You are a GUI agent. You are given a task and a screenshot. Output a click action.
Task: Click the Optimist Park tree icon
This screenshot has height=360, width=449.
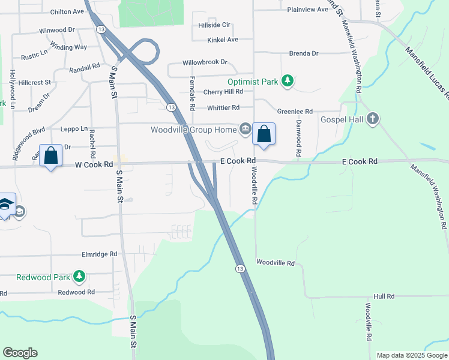coord(288,82)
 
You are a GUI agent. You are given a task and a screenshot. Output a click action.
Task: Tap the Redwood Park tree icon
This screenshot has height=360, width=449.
coord(79,276)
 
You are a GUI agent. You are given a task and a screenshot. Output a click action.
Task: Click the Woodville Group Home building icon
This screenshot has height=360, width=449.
coord(246,129)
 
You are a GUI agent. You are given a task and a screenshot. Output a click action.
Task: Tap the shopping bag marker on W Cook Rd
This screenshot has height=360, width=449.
coord(50,155)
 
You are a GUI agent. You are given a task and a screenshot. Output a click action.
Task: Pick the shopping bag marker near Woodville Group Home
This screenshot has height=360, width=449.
coord(264,134)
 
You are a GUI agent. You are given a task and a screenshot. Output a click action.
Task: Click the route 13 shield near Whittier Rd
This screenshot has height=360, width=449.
coord(171,107)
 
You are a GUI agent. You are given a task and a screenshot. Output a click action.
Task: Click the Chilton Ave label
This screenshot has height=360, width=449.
coord(67,11)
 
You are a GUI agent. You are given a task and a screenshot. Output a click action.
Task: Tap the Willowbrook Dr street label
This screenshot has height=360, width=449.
coord(205,62)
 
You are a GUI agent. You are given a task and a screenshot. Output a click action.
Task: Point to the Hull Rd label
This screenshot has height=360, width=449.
coord(384,296)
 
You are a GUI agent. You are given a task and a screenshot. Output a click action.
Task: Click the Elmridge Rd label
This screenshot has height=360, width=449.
coord(99,254)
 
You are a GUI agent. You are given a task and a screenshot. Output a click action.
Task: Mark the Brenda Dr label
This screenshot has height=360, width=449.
coord(304,53)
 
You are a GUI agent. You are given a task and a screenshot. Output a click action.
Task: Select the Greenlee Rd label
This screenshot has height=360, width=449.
coord(295,112)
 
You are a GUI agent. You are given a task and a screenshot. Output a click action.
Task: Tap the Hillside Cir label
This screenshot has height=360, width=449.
coord(214,25)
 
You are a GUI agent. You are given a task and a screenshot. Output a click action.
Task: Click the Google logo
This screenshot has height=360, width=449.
coord(20,353)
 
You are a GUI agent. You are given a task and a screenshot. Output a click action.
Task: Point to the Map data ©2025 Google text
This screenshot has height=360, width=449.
coord(412,355)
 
